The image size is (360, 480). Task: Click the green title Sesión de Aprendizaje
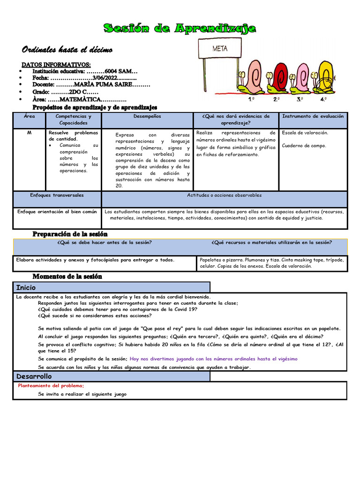[180, 29]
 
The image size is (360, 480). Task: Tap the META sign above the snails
[220, 48]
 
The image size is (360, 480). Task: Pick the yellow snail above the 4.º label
[325, 76]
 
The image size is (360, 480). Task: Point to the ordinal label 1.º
[251, 99]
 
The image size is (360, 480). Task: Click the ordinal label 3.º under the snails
[300, 99]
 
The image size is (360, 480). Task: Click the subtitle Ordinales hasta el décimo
[67, 50]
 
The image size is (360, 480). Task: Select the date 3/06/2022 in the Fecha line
[105, 78]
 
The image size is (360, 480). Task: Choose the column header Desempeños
[147, 116]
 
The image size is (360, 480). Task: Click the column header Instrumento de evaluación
[313, 116]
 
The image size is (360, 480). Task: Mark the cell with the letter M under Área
[29, 133]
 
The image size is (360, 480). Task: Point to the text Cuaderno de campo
[304, 145]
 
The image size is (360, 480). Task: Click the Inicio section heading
[26, 287]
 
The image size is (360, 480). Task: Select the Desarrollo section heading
[34, 376]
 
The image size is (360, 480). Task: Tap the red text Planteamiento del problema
[51, 385]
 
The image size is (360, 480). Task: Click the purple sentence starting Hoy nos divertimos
[213, 359]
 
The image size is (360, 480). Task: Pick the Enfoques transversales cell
[57, 195]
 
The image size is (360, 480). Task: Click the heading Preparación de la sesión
[70, 234]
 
